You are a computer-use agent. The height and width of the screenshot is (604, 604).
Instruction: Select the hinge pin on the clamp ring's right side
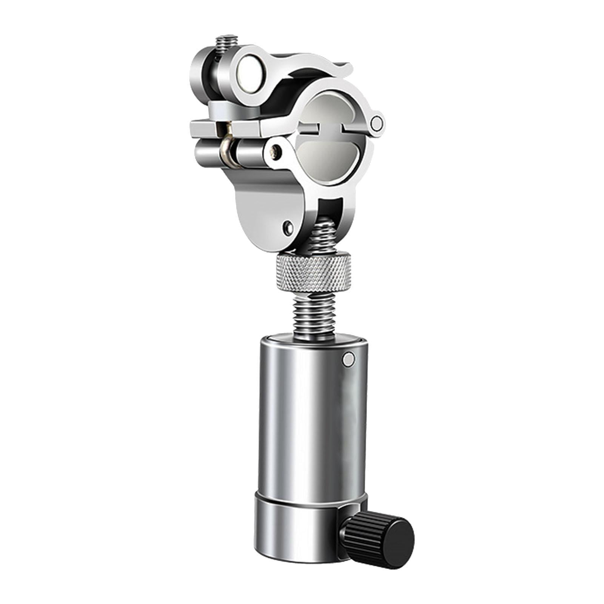point(376,122)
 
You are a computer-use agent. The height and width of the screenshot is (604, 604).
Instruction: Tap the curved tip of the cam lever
point(345,68)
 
